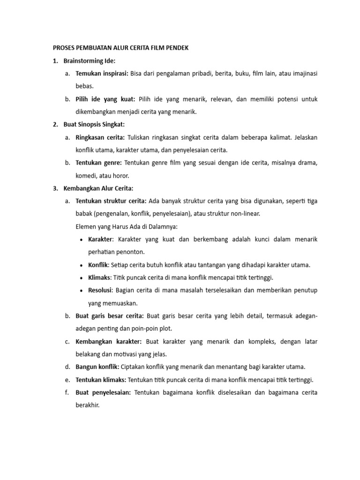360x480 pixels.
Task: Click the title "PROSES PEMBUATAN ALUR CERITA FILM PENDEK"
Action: click(x=119, y=48)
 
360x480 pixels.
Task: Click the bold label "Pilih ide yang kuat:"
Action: click(x=105, y=99)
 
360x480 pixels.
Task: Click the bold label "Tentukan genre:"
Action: click(x=98, y=163)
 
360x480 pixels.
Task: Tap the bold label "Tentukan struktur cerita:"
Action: click(x=111, y=201)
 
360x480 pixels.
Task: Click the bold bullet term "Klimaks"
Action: click(x=99, y=277)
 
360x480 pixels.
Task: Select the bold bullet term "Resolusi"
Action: click(x=100, y=291)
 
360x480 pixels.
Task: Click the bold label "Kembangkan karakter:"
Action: click(x=108, y=342)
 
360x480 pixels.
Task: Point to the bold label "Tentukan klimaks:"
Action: click(x=100, y=380)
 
